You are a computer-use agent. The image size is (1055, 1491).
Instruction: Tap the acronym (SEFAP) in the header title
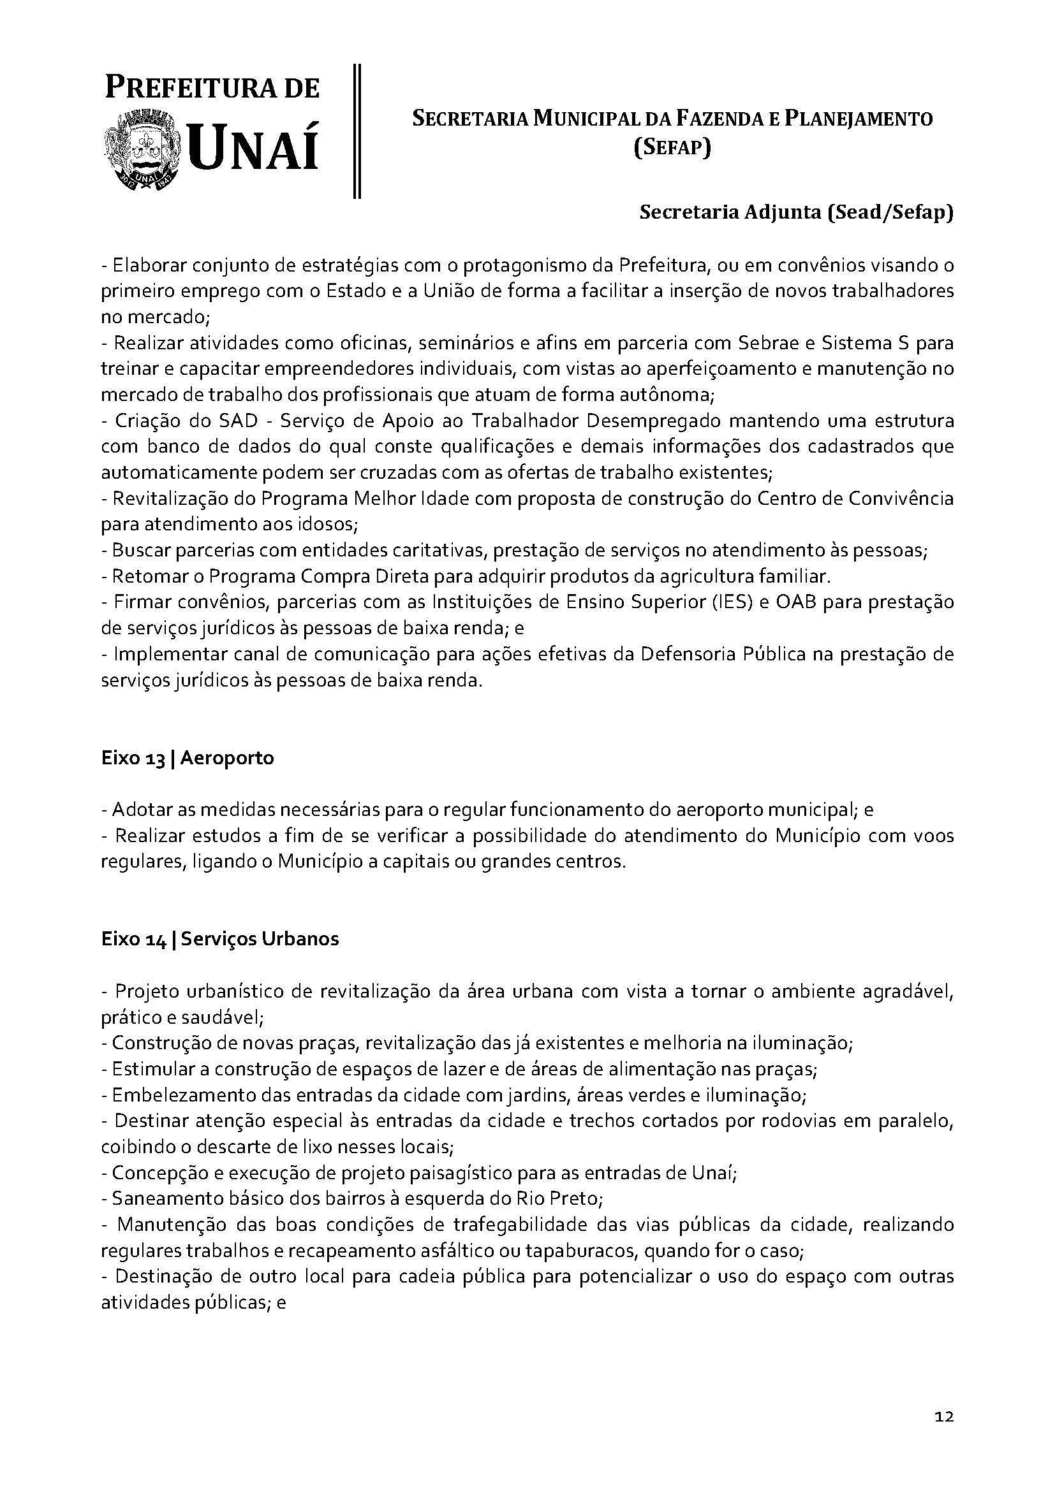672,149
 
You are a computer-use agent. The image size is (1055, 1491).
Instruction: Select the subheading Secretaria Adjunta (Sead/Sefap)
796,213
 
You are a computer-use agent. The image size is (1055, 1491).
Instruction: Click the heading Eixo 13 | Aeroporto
187,758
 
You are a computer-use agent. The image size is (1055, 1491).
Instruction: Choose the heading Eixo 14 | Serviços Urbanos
219,939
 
